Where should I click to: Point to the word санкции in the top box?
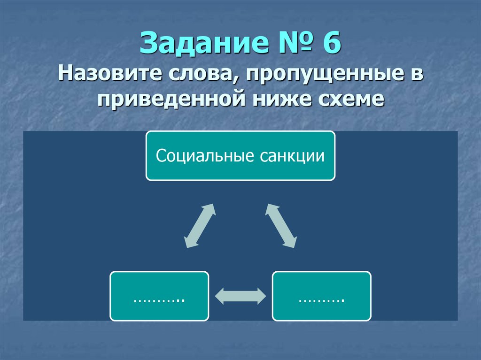[290, 156]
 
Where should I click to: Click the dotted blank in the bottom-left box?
[159, 299]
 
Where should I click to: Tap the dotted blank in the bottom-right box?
[322, 299]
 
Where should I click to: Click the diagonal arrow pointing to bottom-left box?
[199, 226]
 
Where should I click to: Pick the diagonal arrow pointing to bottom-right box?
[281, 226]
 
